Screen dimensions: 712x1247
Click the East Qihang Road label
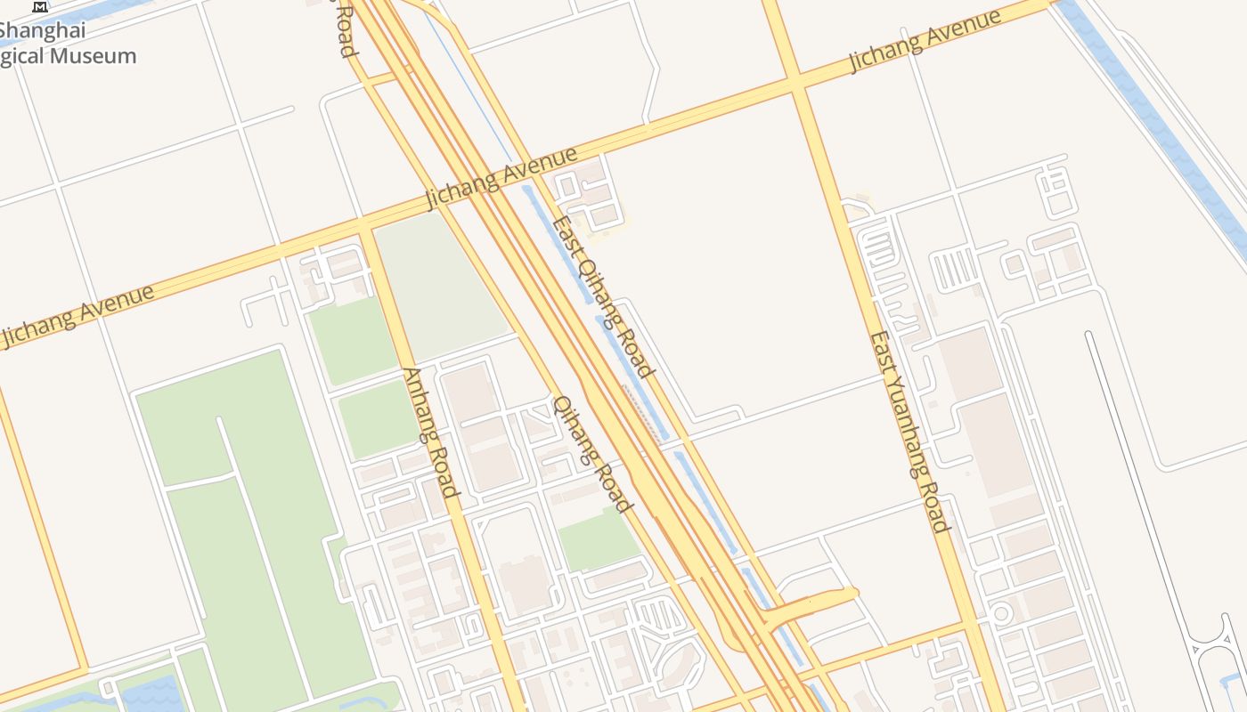pos(604,296)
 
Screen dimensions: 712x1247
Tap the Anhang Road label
pos(431,433)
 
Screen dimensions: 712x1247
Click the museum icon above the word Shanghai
pos(40,7)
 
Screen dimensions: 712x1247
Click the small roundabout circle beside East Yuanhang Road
pos(1000,613)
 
